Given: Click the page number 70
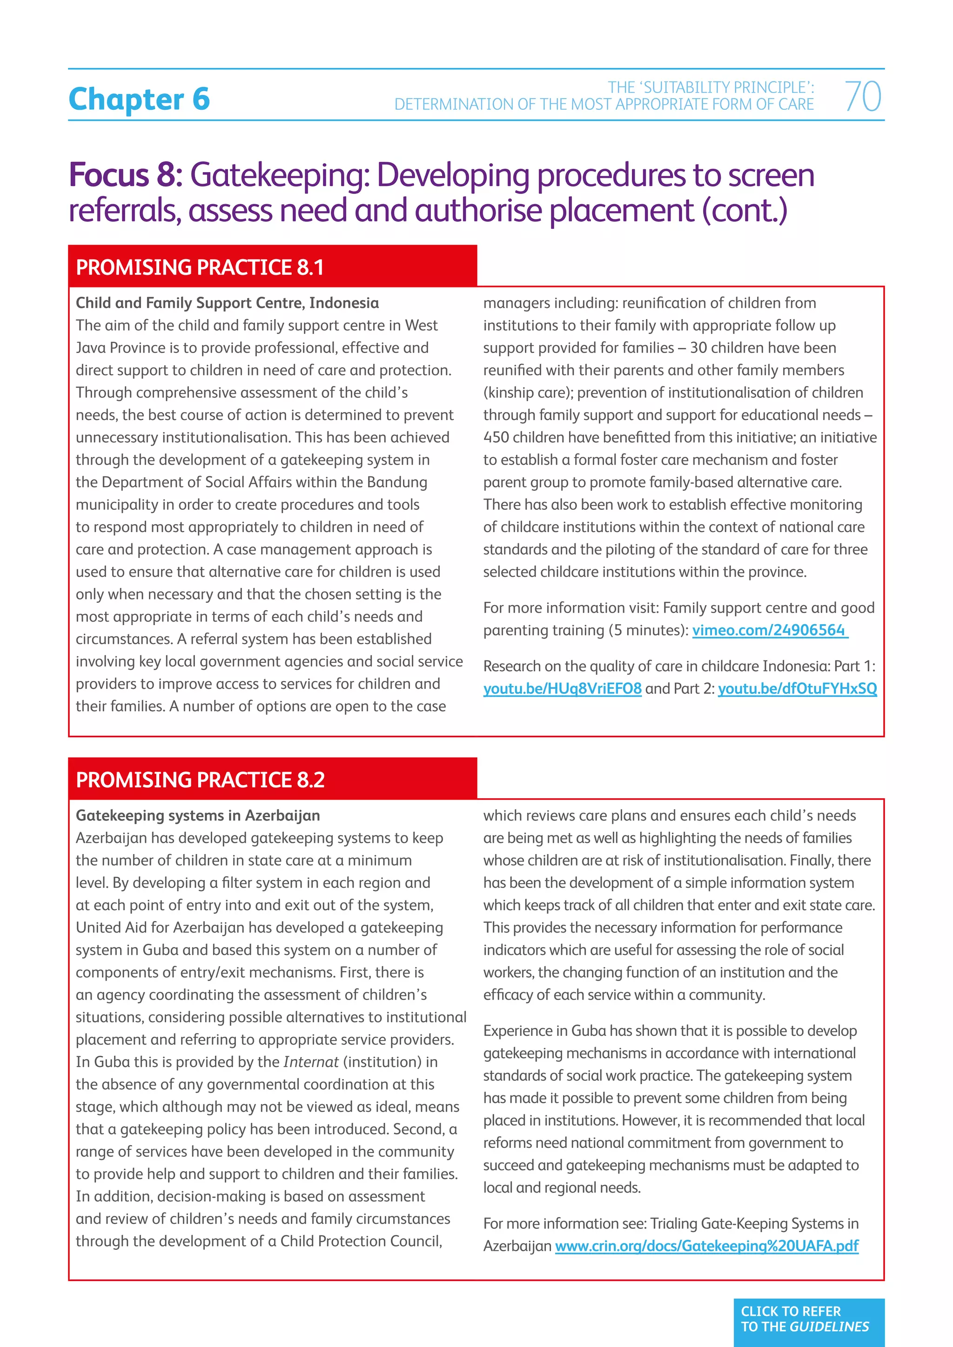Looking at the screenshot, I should coord(863,96).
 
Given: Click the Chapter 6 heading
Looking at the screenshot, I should coord(139,99).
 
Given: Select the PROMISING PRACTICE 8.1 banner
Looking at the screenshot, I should coord(200,267).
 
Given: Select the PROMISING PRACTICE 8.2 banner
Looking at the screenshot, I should coord(200,780).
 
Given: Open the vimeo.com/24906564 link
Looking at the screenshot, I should coord(769,630).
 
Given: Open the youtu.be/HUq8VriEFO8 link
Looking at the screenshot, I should coord(562,688).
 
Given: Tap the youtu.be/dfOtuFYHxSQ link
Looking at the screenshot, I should coord(797,688).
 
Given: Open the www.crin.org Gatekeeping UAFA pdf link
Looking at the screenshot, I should coord(706,1246).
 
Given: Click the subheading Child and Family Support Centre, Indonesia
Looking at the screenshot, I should coord(227,303).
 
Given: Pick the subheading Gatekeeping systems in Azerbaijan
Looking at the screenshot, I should coord(198,815).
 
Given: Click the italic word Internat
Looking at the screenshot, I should coord(310,1062).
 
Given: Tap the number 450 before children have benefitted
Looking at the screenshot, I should coord(496,438).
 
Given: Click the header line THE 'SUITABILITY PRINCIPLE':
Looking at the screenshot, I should coord(711,87).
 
